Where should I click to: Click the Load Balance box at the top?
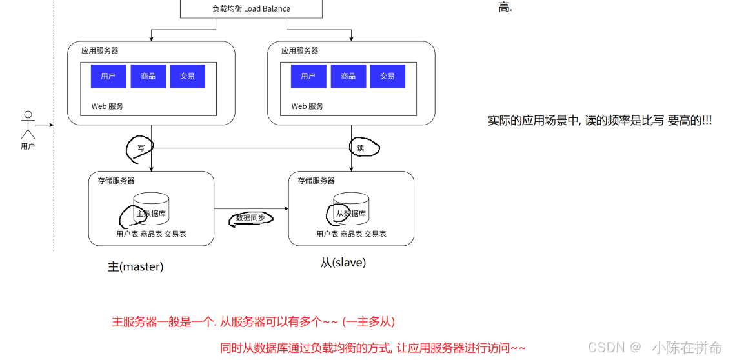pyautogui.click(x=251, y=8)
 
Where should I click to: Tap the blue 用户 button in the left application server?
pyautogui.click(x=108, y=76)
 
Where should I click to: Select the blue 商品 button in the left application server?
pyautogui.click(x=148, y=76)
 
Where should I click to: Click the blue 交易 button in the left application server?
pyautogui.click(x=187, y=76)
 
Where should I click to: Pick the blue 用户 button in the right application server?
pyautogui.click(x=308, y=76)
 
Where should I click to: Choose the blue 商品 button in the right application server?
pyautogui.click(x=348, y=76)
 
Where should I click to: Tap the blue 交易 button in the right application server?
pyautogui.click(x=387, y=76)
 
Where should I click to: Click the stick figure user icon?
pyautogui.click(x=27, y=125)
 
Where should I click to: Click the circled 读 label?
pyautogui.click(x=361, y=148)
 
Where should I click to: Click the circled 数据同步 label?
pyautogui.click(x=250, y=218)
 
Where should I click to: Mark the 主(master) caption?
pyautogui.click(x=136, y=266)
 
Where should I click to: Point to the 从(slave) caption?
pyautogui.click(x=343, y=263)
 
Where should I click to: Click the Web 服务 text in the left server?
pyautogui.click(x=107, y=106)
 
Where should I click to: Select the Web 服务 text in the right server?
pyautogui.click(x=307, y=106)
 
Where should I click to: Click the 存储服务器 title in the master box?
pyautogui.click(x=116, y=181)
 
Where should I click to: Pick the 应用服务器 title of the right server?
pyautogui.click(x=299, y=50)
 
